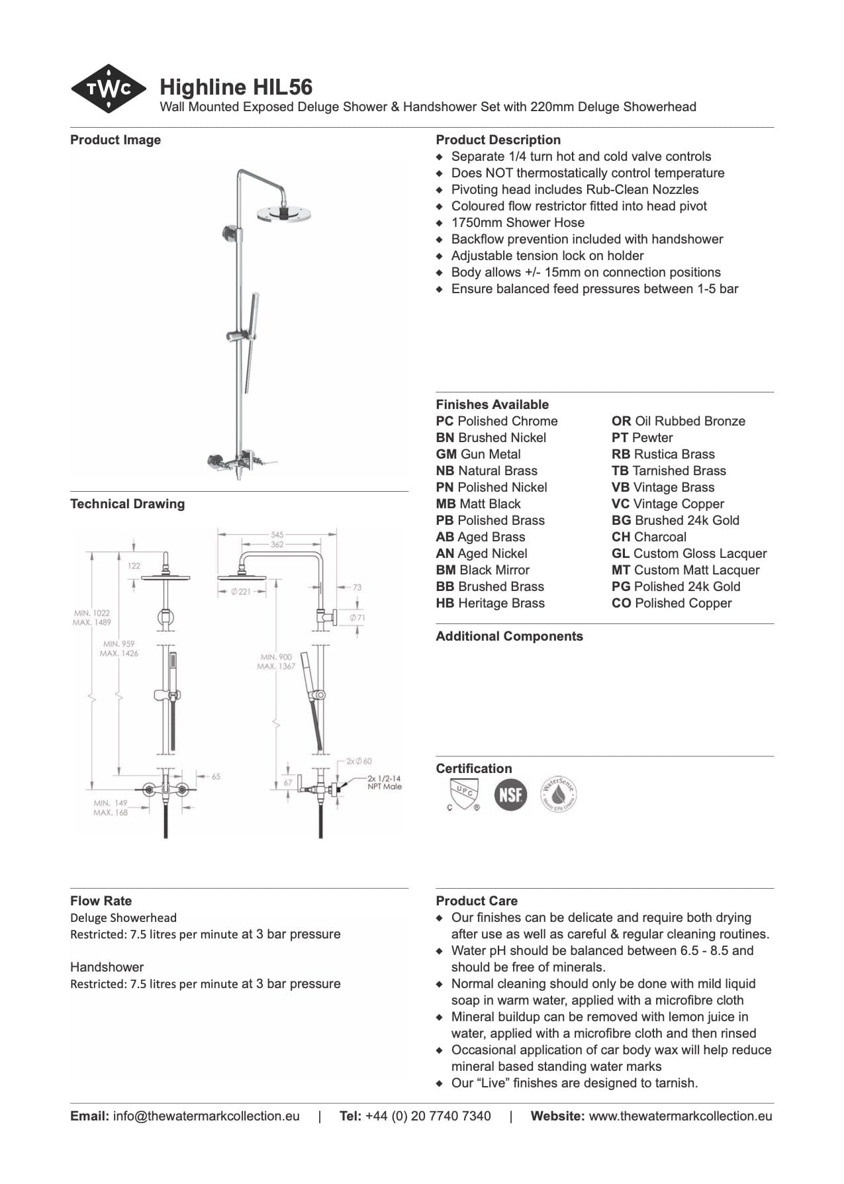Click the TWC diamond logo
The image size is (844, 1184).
tap(109, 89)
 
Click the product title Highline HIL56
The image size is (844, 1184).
tap(236, 87)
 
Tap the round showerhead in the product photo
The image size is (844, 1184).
tap(283, 212)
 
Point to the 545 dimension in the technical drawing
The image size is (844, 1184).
tap(277, 534)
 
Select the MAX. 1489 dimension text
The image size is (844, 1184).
tap(92, 622)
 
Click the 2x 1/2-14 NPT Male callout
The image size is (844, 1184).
tap(385, 782)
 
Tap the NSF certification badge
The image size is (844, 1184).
tap(510, 794)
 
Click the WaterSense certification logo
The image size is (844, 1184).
tap(558, 794)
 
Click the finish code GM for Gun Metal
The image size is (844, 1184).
tap(446, 454)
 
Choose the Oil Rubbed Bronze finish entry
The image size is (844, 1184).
tap(679, 421)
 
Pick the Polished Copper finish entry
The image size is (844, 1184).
tap(672, 603)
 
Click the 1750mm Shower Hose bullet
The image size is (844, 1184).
tap(518, 222)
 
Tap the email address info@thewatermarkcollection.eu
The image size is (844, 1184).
tap(206, 1116)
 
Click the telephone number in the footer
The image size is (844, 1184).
tap(428, 1116)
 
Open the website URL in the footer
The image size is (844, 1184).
tap(680, 1116)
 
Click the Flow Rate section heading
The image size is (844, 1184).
tap(101, 901)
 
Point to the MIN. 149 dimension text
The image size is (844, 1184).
tap(111, 803)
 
